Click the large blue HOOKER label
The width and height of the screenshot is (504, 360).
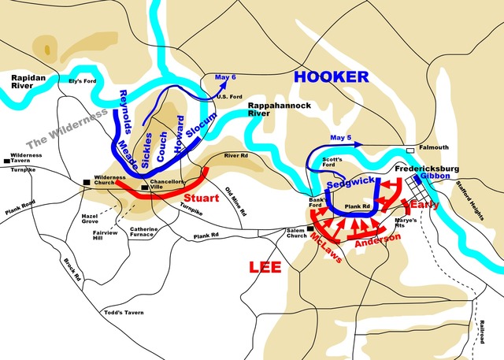331,76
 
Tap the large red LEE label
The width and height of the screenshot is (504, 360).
265,267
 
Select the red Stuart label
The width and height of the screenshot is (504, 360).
201,198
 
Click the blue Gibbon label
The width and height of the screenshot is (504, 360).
435,176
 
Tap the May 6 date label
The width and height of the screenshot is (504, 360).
225,77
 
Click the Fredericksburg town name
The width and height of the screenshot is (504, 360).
428,167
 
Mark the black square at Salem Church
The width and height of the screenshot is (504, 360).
311,229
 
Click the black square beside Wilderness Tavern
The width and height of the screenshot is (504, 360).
6,161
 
